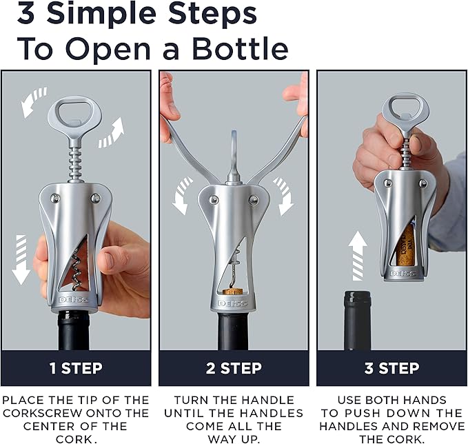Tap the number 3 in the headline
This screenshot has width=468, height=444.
[28, 14]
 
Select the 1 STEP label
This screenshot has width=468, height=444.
[76, 368]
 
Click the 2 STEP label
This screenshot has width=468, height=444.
[234, 368]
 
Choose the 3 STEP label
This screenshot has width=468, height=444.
[391, 368]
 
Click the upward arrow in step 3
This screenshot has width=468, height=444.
[358, 256]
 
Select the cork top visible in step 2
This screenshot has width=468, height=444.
[234, 291]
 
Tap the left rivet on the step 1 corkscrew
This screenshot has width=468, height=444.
[54, 199]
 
